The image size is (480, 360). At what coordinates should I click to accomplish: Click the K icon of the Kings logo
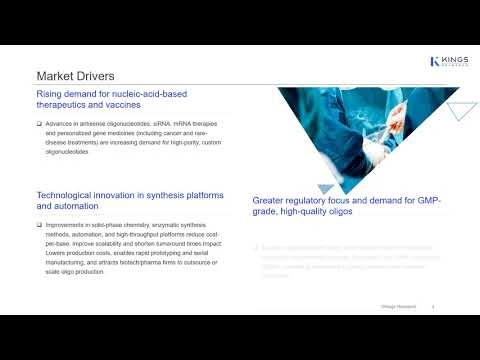pyautogui.click(x=434, y=62)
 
